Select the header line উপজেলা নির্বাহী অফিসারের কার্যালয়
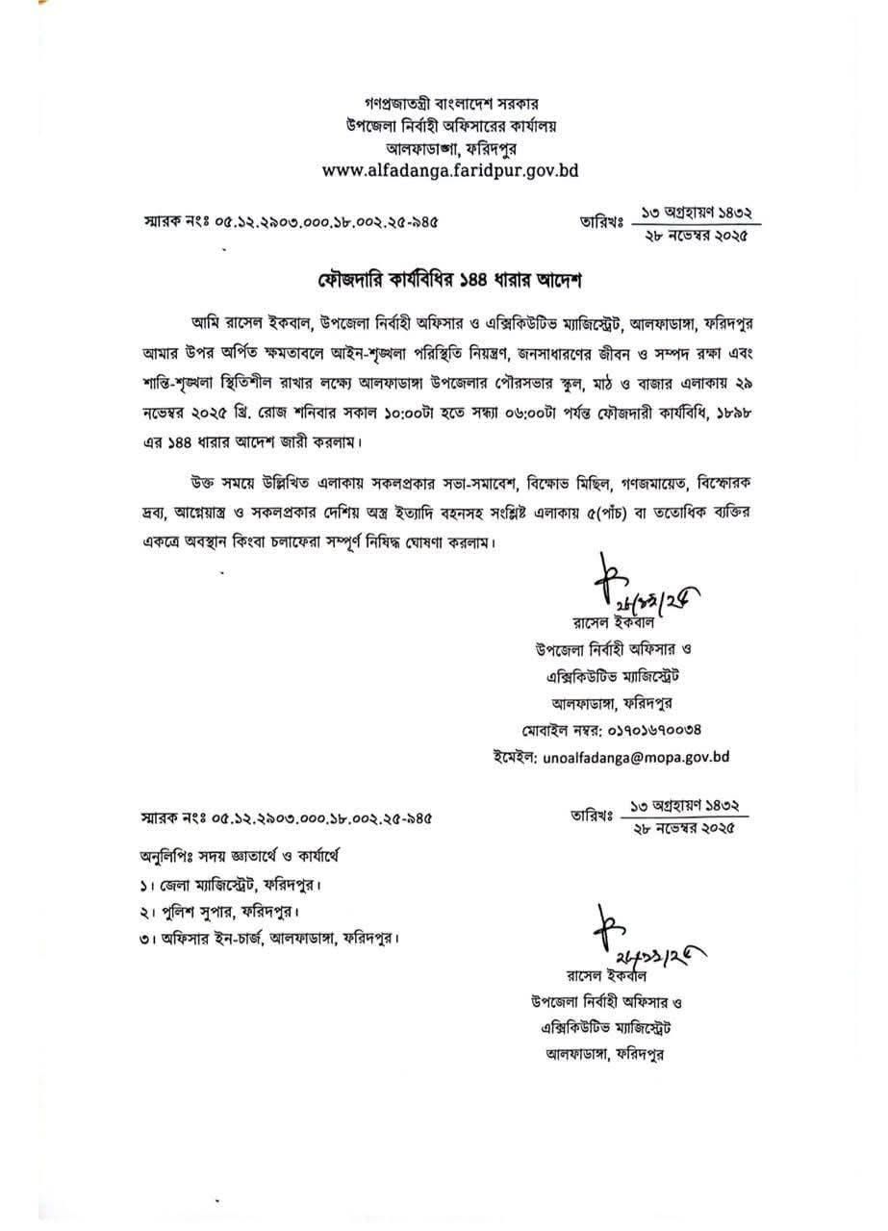[x=449, y=125]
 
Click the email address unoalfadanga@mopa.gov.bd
[x=635, y=757]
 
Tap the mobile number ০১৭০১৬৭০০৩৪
[x=648, y=730]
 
